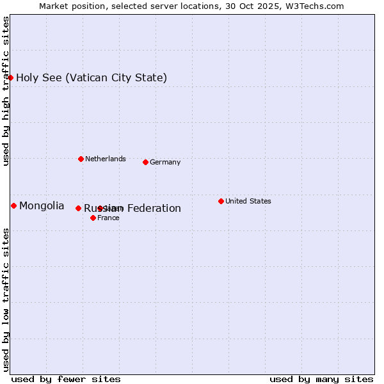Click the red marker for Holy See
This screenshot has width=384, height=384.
(x=11, y=77)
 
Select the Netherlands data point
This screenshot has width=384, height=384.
(x=81, y=159)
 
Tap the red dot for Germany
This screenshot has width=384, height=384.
(x=145, y=162)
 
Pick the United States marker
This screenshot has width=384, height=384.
(x=221, y=201)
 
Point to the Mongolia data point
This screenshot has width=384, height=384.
(x=13, y=205)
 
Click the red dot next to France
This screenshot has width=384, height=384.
(x=93, y=218)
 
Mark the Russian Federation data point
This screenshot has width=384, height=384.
(x=78, y=208)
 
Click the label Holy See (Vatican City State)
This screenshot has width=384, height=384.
(x=92, y=78)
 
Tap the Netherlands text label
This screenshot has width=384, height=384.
(x=106, y=159)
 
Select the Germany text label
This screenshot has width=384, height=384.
(x=165, y=162)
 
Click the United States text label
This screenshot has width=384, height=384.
(x=248, y=201)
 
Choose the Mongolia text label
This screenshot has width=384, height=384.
(x=42, y=205)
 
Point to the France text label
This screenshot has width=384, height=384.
(x=108, y=218)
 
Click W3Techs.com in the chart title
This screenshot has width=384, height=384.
(x=315, y=6)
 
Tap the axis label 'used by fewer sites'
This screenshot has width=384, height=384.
(x=66, y=379)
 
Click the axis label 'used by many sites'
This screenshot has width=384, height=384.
(x=321, y=379)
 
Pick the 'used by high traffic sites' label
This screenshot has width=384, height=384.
(x=6, y=92)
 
